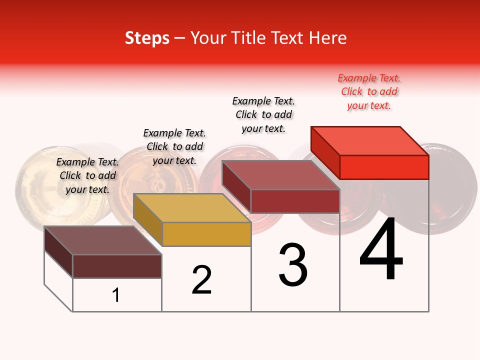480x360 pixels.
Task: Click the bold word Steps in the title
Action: coord(147,38)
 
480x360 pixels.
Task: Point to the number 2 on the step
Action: coord(202,280)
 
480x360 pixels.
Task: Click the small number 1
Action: coord(116,295)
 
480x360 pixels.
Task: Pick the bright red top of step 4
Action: coord(370,140)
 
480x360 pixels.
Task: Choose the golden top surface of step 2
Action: coord(192,207)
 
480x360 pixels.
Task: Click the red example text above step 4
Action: coord(369,92)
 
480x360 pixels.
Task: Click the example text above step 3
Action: coord(263,114)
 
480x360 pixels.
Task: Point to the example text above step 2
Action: coord(174,146)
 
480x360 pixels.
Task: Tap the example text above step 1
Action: coord(87,175)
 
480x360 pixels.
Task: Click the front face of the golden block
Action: coord(206,234)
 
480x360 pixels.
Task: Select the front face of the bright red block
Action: coord(384,167)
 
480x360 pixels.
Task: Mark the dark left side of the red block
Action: coord(325,150)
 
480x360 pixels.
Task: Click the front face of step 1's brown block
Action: coord(117,266)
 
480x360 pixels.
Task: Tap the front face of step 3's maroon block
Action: coord(295,201)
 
